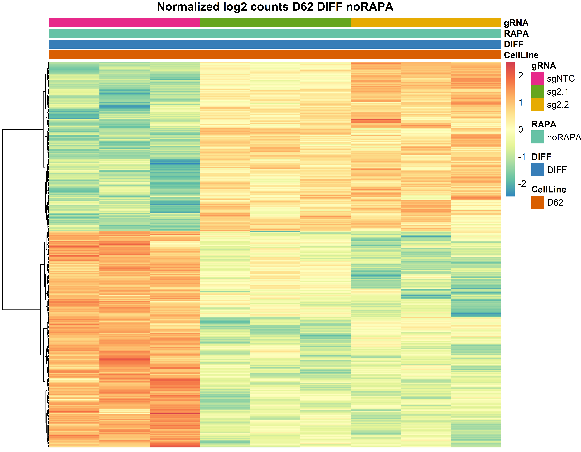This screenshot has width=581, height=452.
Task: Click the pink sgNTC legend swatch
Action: tap(538, 78)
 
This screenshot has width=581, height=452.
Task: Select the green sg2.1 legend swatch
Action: tap(538, 91)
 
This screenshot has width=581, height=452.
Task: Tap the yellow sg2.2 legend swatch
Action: tap(538, 104)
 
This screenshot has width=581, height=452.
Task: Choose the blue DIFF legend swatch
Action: tap(538, 169)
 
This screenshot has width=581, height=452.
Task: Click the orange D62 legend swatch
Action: tap(538, 202)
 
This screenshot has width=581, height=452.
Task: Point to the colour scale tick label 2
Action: tap(521, 76)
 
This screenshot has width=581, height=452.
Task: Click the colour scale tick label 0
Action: tap(521, 130)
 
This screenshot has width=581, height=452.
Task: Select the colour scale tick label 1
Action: tap(521, 102)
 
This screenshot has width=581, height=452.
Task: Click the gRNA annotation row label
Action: tap(516, 23)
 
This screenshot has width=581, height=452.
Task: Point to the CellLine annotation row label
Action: tap(521, 55)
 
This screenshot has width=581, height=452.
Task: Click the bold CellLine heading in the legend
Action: tap(549, 189)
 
